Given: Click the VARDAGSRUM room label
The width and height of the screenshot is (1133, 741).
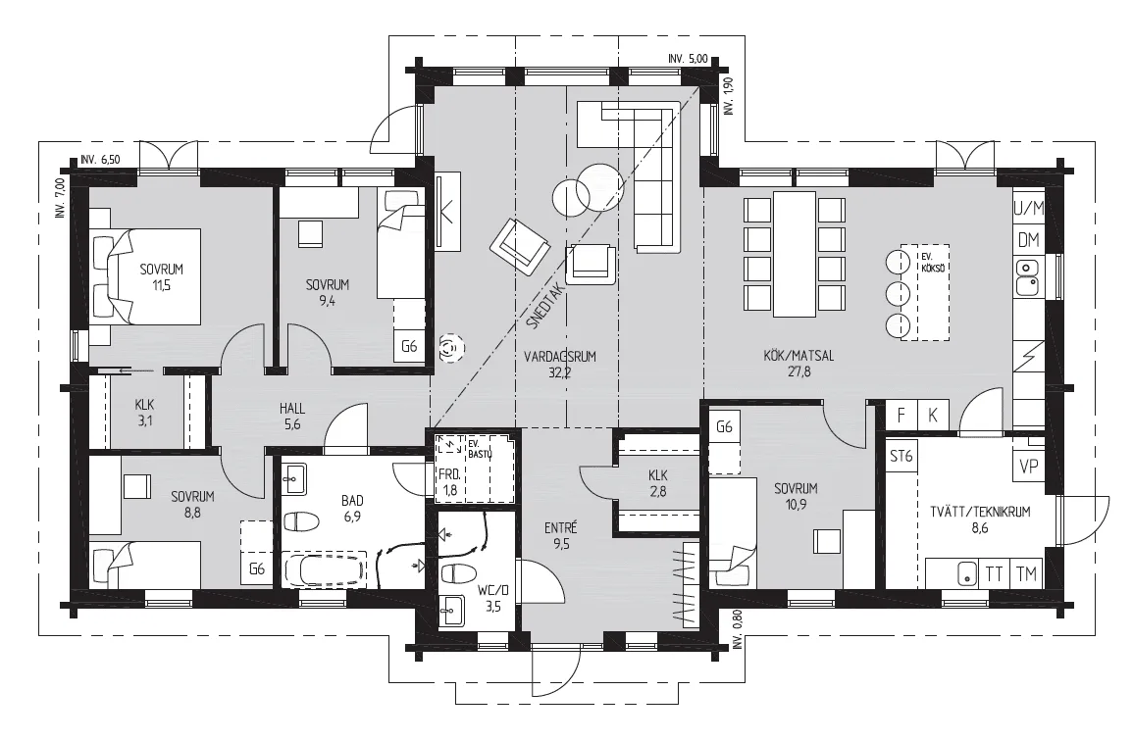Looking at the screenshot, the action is click(x=560, y=356).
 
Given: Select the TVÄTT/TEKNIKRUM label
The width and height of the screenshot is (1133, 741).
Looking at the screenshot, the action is click(x=980, y=512).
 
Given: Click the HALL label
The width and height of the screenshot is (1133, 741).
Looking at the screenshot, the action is click(x=292, y=409).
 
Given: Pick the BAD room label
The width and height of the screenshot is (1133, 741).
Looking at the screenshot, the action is click(x=352, y=501).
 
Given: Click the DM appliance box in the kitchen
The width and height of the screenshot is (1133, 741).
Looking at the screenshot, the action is click(x=1028, y=240).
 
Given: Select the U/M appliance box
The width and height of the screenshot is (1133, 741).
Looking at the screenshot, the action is click(x=1028, y=210).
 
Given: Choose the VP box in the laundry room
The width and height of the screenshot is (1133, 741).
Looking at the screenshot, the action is click(x=1029, y=467).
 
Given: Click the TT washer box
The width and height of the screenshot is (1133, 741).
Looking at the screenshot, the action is click(x=994, y=574).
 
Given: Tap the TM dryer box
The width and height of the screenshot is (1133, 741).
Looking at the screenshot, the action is click(x=1026, y=574).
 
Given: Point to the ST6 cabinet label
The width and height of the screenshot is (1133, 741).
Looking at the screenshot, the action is click(x=901, y=457).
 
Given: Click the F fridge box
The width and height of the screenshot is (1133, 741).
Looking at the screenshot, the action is click(x=901, y=416).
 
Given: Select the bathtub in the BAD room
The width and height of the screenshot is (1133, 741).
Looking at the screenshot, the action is click(x=325, y=568).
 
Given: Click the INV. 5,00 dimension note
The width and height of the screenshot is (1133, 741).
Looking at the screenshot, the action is click(x=688, y=59).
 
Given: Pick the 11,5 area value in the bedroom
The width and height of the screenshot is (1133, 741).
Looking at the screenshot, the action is click(x=161, y=285).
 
